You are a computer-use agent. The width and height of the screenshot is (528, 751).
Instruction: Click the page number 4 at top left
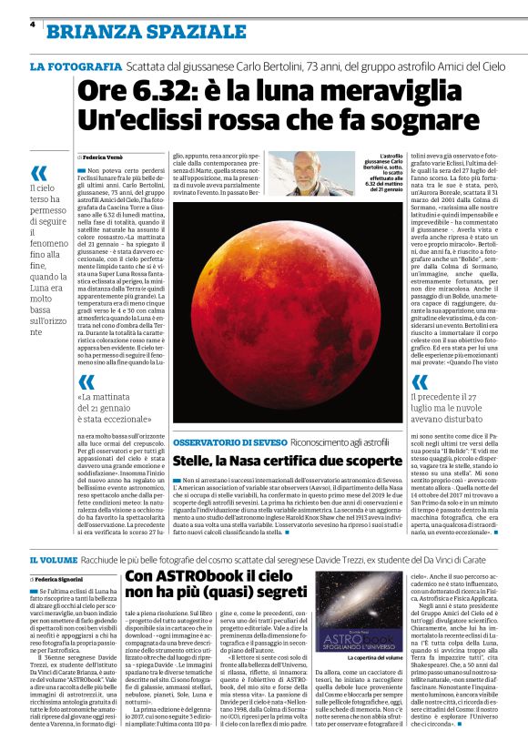pyautogui.click(x=33, y=25)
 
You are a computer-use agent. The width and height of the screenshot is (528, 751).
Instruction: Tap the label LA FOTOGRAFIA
pyautogui.click(x=76, y=67)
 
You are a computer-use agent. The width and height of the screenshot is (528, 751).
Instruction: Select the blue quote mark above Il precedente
pyautogui.click(x=421, y=381)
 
